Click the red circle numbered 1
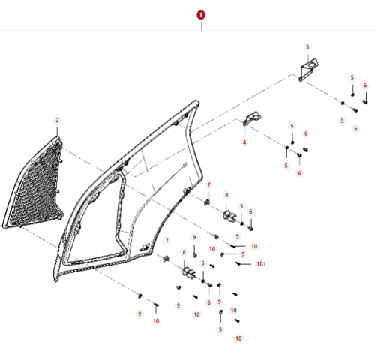[x=201, y=15]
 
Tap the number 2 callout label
[x=57, y=121]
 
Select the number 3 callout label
[x=307, y=47]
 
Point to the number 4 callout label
[x=244, y=142]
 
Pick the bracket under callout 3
[x=308, y=70]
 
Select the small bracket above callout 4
[x=252, y=118]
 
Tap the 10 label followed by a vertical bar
[x=261, y=264]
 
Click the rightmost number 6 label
[x=365, y=85]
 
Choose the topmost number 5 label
[x=352, y=77]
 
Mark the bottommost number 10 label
[x=238, y=338]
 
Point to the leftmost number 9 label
[x=139, y=313]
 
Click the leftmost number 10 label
[x=156, y=321]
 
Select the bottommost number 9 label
[x=220, y=329]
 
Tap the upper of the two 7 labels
[x=208, y=185]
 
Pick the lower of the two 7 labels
[x=167, y=241]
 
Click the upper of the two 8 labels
[x=226, y=195]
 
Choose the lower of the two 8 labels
[x=184, y=252]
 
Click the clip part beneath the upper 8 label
[x=229, y=216]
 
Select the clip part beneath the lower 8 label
[x=189, y=272]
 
